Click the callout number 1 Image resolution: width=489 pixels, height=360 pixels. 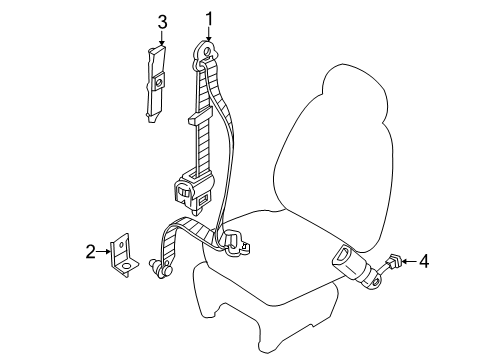pos(210,18)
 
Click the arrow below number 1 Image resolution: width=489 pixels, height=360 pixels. pos(210,37)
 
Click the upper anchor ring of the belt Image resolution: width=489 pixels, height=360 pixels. pos(209,52)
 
